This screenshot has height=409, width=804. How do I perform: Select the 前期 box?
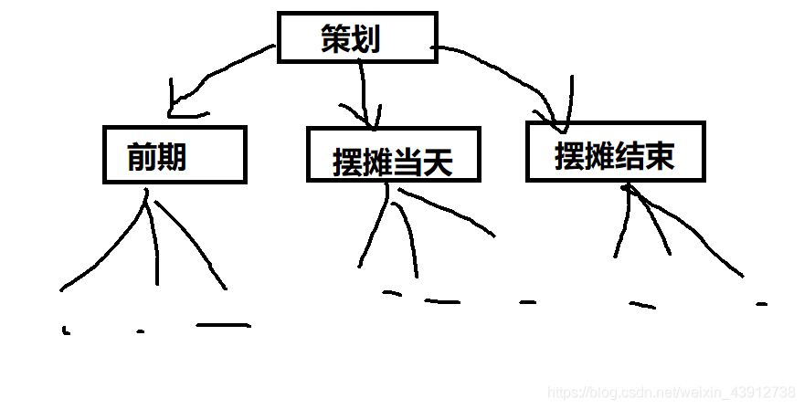[x=174, y=155]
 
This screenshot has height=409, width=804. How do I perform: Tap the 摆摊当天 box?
[x=393, y=154]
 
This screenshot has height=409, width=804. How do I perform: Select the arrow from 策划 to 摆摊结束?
[x=512, y=68]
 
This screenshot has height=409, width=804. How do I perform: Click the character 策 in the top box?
[x=336, y=39]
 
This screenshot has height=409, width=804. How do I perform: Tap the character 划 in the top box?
[x=365, y=39]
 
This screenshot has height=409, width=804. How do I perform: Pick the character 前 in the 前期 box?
[x=143, y=157]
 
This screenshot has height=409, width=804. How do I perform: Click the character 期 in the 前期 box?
[x=172, y=157]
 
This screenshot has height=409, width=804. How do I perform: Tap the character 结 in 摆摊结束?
[x=629, y=156]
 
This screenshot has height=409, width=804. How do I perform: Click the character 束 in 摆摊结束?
[x=659, y=156]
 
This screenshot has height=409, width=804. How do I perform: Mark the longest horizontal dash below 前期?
[x=222, y=324]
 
